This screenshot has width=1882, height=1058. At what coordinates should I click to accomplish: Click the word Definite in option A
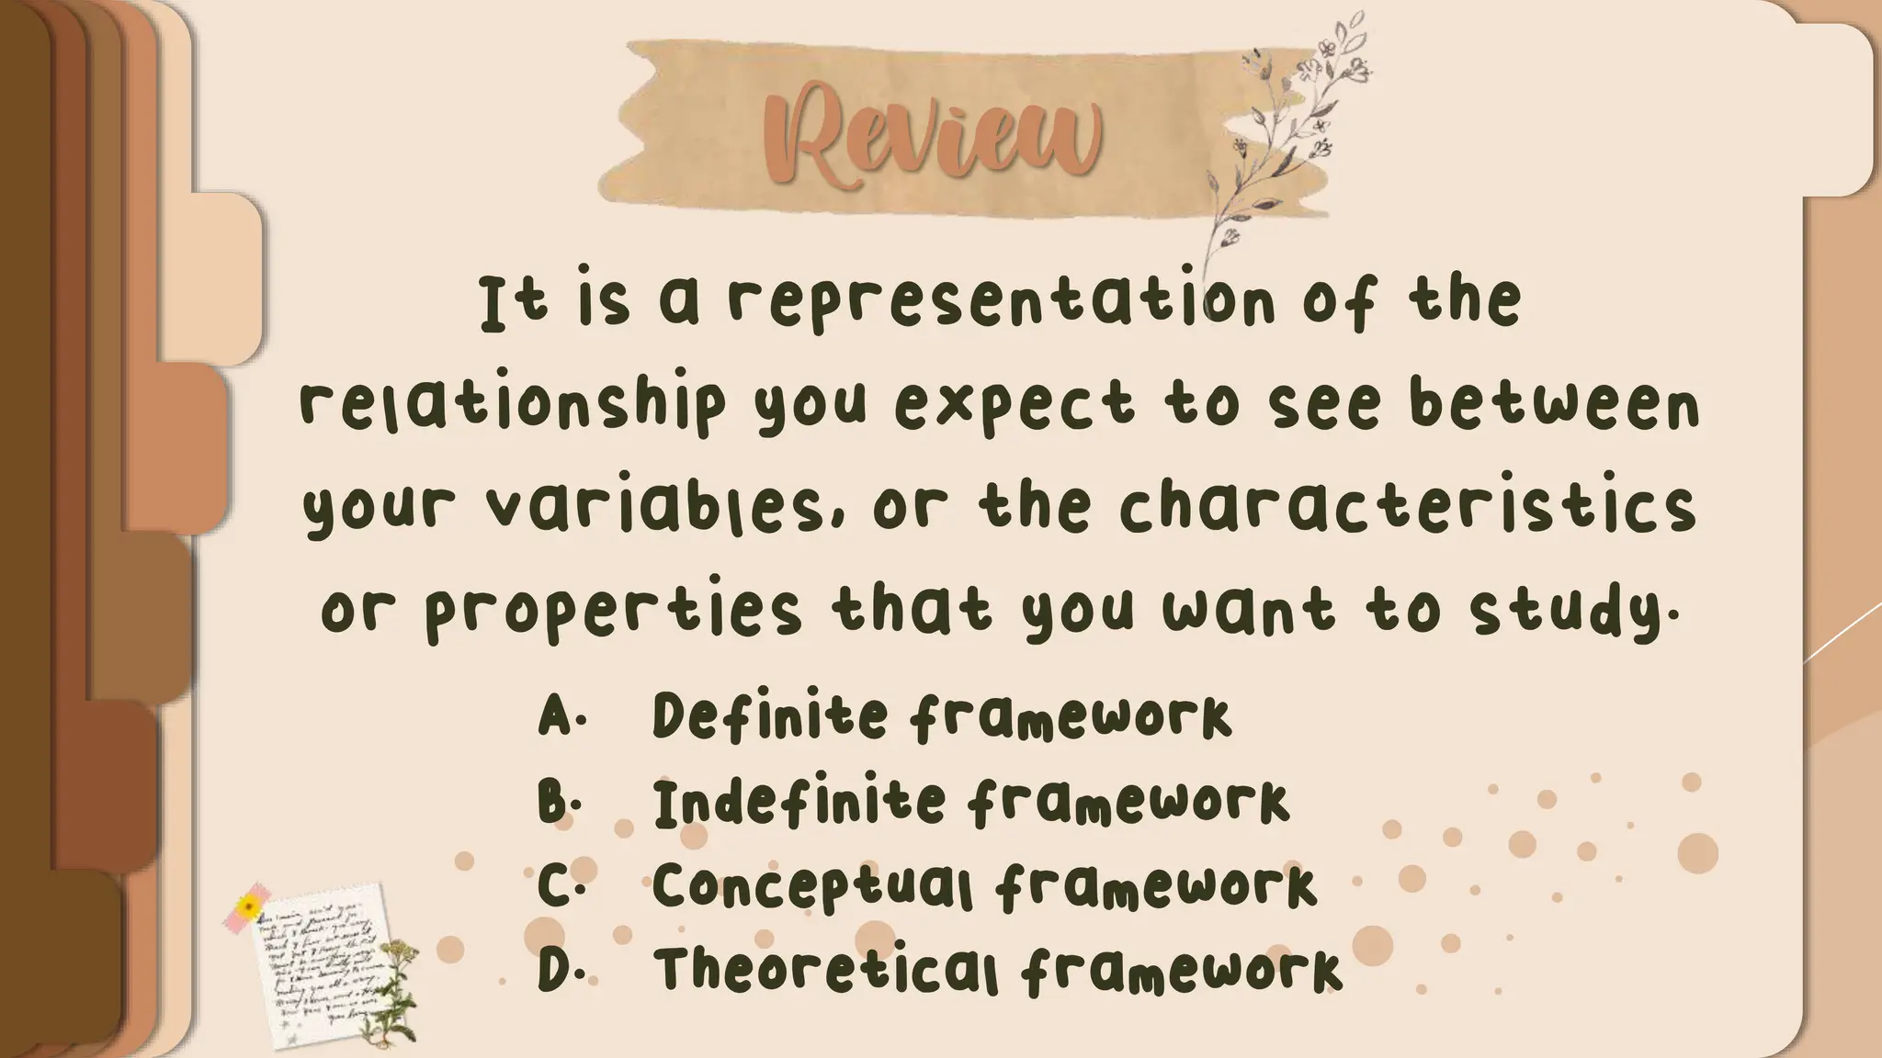[x=770, y=715]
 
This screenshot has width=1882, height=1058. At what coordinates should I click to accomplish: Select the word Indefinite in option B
[x=799, y=801]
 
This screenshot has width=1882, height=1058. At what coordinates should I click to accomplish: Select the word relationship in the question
[x=513, y=405]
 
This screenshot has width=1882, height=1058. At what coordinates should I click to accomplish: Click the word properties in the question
[x=613, y=609]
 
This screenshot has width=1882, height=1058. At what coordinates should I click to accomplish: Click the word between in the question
[x=1554, y=405]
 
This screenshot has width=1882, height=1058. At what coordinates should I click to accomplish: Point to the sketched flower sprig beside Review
[x=1287, y=138]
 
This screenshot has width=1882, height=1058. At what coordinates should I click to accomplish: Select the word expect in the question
[x=1014, y=407]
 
